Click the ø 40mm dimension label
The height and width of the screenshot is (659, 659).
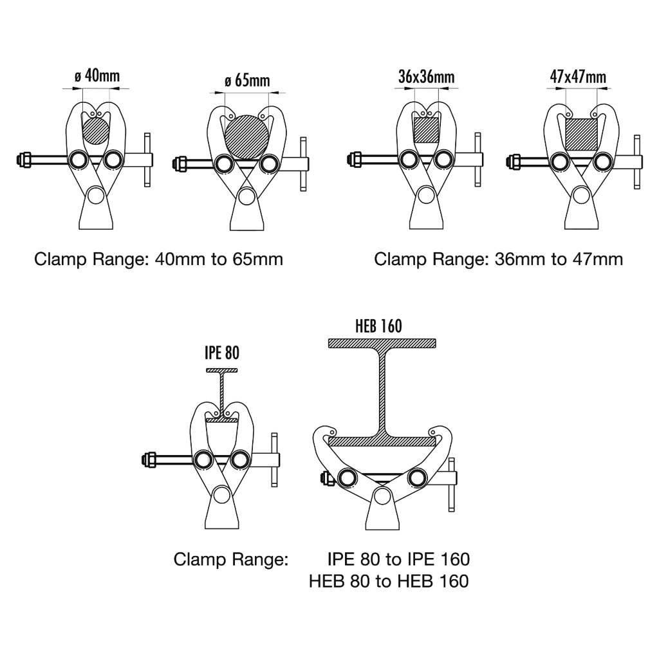(x=97, y=75)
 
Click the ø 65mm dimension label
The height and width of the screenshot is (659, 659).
(x=247, y=81)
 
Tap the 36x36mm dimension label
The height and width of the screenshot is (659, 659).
(x=426, y=77)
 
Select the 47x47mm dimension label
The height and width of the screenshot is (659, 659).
(x=578, y=77)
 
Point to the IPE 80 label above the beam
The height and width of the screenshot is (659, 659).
(x=221, y=353)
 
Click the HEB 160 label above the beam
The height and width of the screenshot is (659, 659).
(x=378, y=326)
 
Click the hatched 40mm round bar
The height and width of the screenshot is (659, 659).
(x=97, y=129)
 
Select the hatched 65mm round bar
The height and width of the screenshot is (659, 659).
(x=248, y=135)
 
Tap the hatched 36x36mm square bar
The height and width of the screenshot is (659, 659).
(x=425, y=129)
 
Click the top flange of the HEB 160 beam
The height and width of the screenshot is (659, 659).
(x=384, y=344)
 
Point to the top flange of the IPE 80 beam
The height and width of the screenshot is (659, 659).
(x=221, y=371)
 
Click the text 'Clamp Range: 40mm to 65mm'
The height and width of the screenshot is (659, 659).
(x=158, y=259)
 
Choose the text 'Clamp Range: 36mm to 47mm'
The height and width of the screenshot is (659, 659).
(x=498, y=259)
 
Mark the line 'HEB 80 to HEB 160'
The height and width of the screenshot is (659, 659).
(x=388, y=581)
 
